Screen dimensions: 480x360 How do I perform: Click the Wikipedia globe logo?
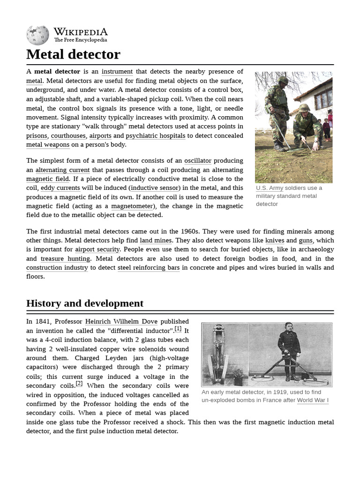click(38, 35)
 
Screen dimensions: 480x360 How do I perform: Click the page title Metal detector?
click(73, 54)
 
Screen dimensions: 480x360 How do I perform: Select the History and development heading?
click(85, 303)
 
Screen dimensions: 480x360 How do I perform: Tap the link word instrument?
click(117, 71)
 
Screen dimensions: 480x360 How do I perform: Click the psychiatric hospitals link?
click(156, 135)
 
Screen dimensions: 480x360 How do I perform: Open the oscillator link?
click(198, 161)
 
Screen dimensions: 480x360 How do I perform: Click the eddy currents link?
click(60, 188)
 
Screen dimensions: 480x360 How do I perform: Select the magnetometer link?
click(132, 206)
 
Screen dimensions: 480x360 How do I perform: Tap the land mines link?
click(156, 240)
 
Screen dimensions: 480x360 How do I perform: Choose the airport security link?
click(97, 249)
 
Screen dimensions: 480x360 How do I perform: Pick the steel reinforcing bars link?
click(149, 268)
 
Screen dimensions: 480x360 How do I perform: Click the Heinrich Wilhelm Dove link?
click(121, 322)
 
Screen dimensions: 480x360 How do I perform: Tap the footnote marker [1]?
click(178, 329)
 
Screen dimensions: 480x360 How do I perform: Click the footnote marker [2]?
click(79, 383)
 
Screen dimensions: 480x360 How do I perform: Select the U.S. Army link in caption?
click(270, 188)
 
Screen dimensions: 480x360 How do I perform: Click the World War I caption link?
click(313, 400)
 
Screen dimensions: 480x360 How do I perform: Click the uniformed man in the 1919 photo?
click(289, 349)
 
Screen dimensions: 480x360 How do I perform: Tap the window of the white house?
click(322, 98)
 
